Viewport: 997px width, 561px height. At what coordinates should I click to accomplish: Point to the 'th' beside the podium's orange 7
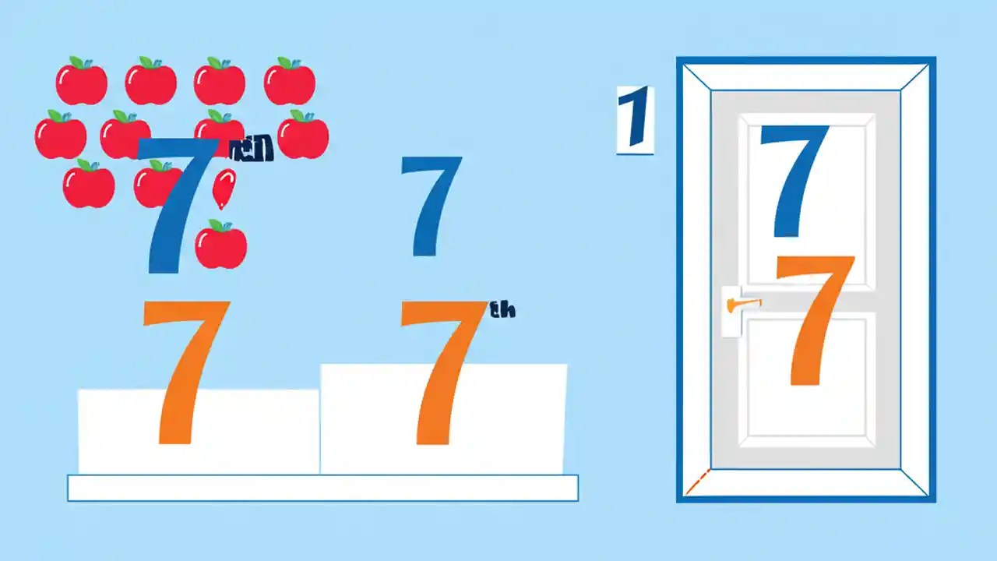(502, 310)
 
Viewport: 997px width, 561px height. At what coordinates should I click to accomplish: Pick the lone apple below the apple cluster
(220, 245)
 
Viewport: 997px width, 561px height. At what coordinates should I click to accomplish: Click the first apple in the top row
(81, 82)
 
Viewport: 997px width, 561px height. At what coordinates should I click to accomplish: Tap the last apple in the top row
(289, 82)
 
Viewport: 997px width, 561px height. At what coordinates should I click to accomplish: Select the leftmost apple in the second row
(60, 135)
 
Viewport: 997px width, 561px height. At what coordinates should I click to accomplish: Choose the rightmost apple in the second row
(303, 135)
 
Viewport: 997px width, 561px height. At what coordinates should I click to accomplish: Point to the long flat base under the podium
(322, 488)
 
